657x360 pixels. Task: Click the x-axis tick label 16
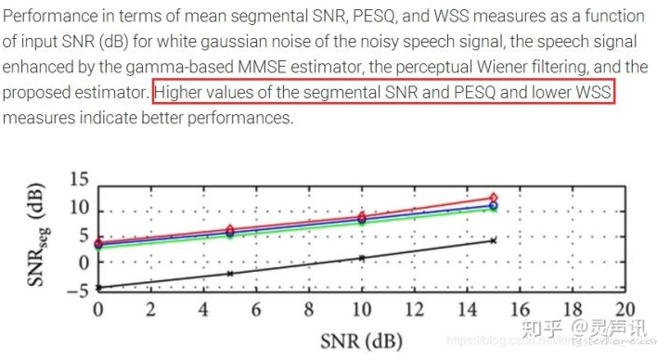click(x=520, y=310)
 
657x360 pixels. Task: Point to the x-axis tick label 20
click(x=625, y=310)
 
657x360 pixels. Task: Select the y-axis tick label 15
click(x=80, y=180)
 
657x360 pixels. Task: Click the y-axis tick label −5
click(x=77, y=289)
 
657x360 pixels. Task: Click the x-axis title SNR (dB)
click(x=362, y=341)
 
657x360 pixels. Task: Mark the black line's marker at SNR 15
click(x=494, y=240)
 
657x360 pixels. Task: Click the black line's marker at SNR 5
click(x=229, y=274)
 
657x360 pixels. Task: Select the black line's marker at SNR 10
click(x=362, y=258)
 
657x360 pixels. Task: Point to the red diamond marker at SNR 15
click(x=494, y=197)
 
